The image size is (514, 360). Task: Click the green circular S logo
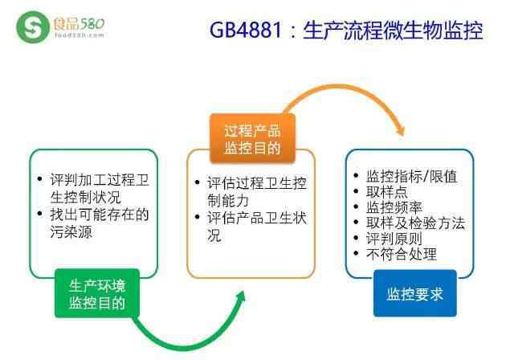click(32, 27)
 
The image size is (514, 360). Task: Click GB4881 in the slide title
click(246, 30)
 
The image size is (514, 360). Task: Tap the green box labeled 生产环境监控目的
click(97, 293)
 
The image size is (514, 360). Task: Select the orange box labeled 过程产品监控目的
click(252, 138)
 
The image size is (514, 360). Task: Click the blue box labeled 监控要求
click(415, 293)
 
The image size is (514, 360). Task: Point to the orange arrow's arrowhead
click(400, 130)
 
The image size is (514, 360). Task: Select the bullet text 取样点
click(387, 192)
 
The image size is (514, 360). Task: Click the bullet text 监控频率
click(394, 207)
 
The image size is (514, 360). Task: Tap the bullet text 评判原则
click(394, 239)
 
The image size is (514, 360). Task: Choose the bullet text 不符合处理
click(402, 254)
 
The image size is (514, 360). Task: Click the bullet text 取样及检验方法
click(415, 223)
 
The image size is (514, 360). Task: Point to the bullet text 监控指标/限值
click(411, 177)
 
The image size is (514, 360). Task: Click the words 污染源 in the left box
click(71, 232)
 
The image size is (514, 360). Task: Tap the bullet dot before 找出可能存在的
click(40, 214)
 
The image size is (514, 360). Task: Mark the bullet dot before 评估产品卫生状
click(197, 217)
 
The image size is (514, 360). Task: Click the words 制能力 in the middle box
click(228, 200)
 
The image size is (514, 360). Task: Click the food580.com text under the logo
click(79, 35)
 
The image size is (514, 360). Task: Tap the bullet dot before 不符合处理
click(357, 253)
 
